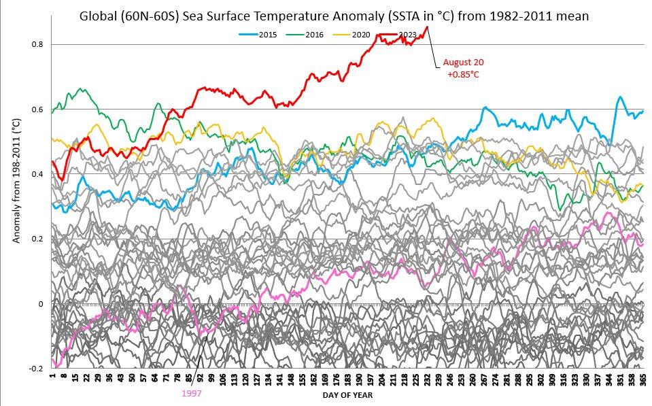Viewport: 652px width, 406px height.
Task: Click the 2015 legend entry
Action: point(261,33)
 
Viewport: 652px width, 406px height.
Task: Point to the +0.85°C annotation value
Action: point(463,74)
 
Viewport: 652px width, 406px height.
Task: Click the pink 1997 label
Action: point(191,393)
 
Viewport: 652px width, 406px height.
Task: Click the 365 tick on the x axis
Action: point(642,381)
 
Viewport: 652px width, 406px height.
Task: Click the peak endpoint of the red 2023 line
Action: point(427,27)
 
